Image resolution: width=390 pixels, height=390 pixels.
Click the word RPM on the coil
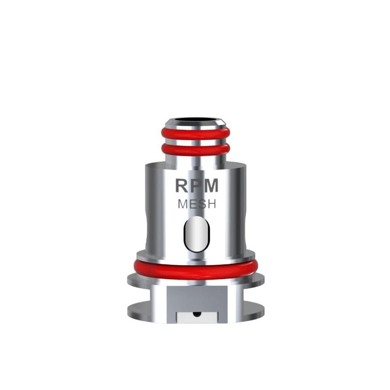tap(197, 186)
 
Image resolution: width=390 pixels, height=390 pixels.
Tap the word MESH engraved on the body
tap(197, 204)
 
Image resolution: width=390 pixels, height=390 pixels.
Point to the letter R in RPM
tap(182, 186)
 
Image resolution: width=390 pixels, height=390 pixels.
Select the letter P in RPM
tap(196, 186)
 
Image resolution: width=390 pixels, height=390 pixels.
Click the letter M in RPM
tap(211, 186)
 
